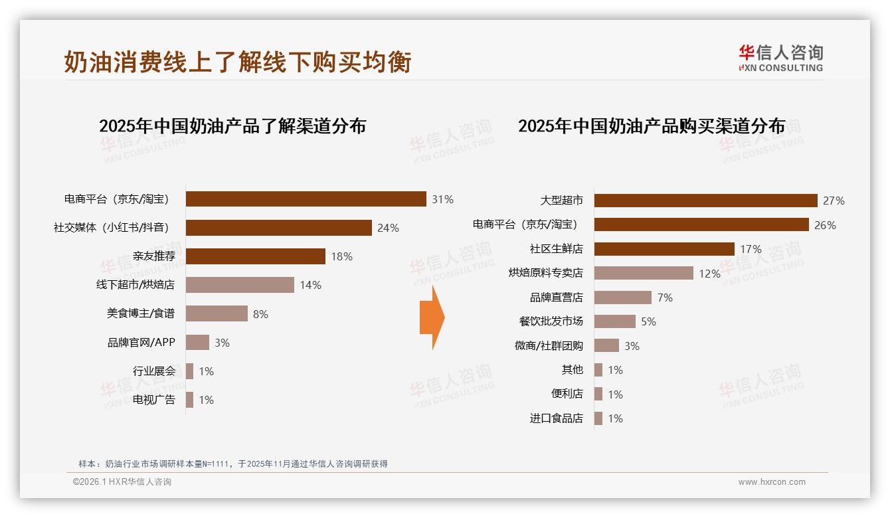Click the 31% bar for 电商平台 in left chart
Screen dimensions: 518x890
tap(306, 199)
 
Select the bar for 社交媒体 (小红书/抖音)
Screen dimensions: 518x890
tap(278, 228)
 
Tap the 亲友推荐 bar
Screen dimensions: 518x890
tap(255, 256)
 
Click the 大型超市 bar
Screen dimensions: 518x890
tap(705, 201)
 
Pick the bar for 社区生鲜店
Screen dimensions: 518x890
tap(664, 249)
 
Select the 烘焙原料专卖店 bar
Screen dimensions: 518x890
tap(644, 273)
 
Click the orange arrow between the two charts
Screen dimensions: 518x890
tap(432, 318)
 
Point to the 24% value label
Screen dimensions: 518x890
tap(388, 228)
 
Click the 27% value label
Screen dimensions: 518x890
tap(834, 201)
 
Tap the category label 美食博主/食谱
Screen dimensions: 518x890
tap(141, 313)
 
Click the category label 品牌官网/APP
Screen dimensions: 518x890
tap(141, 343)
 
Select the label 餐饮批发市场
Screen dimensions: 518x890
tap(551, 321)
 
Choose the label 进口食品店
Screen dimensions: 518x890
tap(556, 418)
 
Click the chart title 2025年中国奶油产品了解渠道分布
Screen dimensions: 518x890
tap(232, 126)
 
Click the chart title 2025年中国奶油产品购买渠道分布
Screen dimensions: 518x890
tap(652, 126)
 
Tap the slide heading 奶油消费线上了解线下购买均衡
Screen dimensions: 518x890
tap(238, 62)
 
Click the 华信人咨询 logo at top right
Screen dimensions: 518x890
tap(780, 58)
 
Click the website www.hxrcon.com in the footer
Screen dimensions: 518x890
tap(772, 482)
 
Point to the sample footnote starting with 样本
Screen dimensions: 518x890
tap(232, 464)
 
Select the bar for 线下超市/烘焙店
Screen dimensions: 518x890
tap(240, 285)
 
